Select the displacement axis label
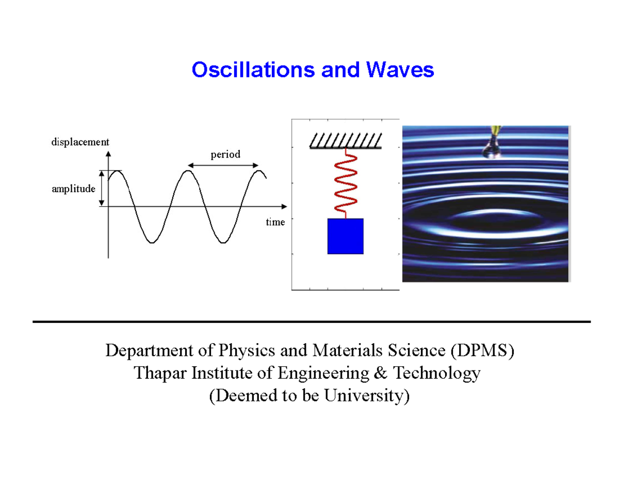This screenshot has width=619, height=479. tap(79, 142)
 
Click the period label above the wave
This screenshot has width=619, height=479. tap(225, 154)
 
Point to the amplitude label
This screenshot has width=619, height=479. tap(73, 189)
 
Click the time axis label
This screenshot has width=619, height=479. tap(275, 222)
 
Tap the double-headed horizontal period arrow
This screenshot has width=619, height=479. tap(223, 165)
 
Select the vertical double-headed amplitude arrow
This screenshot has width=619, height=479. tap(102, 189)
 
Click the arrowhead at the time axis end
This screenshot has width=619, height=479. tap(284, 206)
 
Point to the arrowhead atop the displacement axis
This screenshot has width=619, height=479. tap(108, 153)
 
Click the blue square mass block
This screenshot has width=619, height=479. tap(346, 236)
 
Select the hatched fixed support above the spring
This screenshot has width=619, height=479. tap(345, 141)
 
